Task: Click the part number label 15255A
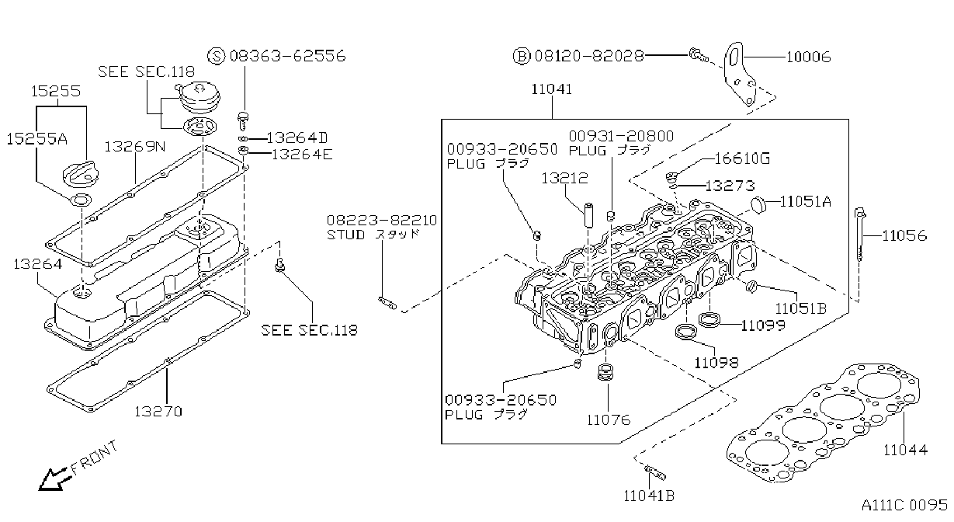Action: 37,139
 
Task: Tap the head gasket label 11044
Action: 905,450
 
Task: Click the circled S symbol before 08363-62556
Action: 216,56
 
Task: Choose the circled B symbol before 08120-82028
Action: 522,56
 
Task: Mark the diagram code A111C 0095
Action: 904,506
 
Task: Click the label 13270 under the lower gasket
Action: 158,412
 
